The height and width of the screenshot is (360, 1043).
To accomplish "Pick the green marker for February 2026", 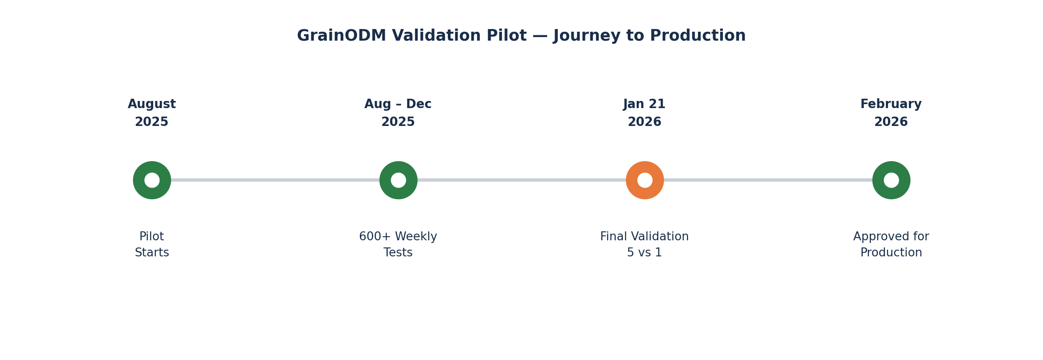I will pyautogui.click(x=891, y=180).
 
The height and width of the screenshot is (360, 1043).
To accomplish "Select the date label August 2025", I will pyautogui.click(x=152, y=113).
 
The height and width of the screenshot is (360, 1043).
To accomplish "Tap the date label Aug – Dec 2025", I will pyautogui.click(x=398, y=113).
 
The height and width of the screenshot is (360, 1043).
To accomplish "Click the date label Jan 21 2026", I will pyautogui.click(x=644, y=113).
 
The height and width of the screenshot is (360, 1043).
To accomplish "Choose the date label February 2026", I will pyautogui.click(x=891, y=113).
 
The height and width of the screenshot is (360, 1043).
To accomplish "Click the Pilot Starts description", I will pyautogui.click(x=152, y=245).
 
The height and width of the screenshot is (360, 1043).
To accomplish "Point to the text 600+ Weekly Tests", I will pyautogui.click(x=398, y=245).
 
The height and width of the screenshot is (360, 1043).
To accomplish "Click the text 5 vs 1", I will pyautogui.click(x=644, y=253).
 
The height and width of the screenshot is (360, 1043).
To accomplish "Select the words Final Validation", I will pyautogui.click(x=644, y=237).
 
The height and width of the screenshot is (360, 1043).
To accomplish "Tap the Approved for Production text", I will pyautogui.click(x=891, y=245).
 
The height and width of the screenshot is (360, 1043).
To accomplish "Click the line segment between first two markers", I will pyautogui.click(x=275, y=180).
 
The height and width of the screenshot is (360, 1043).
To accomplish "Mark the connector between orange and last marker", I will pyautogui.click(x=768, y=180).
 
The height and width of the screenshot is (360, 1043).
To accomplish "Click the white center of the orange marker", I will pyautogui.click(x=645, y=180).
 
